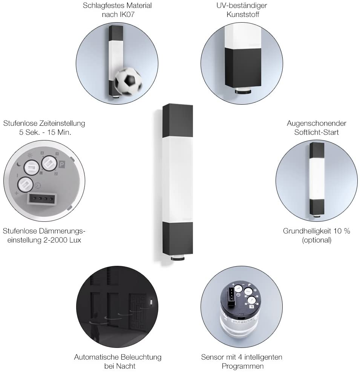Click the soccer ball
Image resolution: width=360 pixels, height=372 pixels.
[x=128, y=81]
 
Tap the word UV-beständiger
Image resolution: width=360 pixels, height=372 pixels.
[x=242, y=5]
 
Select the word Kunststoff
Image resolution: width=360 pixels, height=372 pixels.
[x=243, y=14]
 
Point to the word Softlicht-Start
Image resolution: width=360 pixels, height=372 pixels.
[x=316, y=132]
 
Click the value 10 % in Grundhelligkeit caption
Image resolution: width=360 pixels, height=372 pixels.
[x=342, y=231]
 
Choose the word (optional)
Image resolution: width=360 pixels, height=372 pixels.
[x=317, y=240]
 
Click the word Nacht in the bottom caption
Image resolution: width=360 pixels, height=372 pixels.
[x=126, y=366]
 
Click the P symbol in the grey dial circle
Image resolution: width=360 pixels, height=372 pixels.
[x=62, y=165]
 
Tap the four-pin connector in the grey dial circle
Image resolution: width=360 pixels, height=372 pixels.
[x=42, y=198]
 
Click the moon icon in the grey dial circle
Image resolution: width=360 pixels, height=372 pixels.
[x=19, y=164]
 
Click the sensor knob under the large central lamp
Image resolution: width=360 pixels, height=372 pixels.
[x=178, y=258]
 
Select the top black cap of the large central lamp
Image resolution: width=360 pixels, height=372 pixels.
[x=178, y=120]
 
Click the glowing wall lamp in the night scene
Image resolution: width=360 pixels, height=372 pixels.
[x=151, y=302]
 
